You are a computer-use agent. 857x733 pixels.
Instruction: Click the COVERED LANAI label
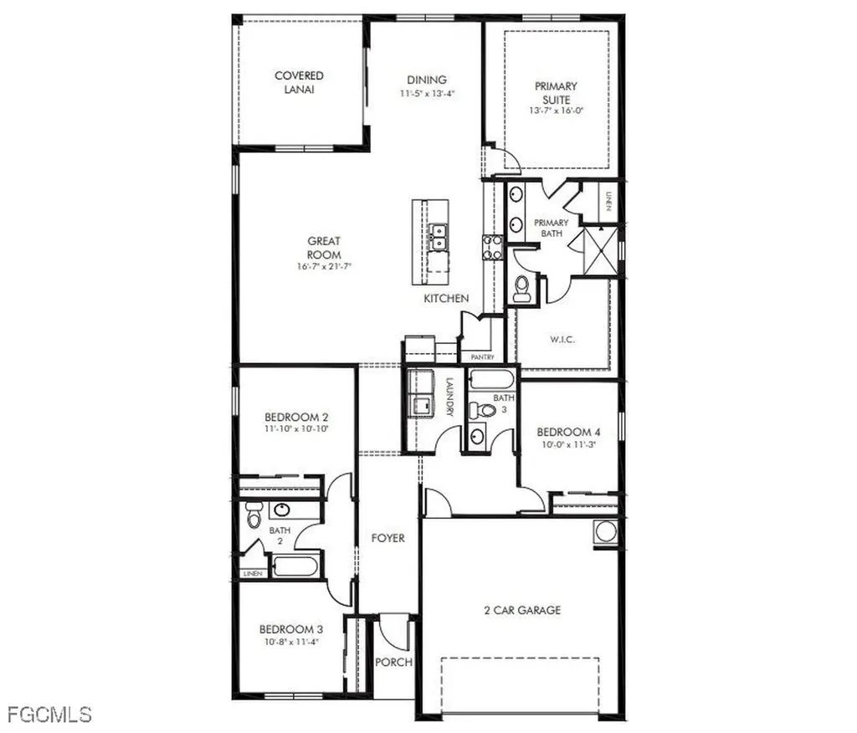tap(299, 82)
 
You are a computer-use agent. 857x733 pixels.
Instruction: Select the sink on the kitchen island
tap(437, 237)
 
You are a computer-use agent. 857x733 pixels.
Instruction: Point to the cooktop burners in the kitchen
tap(491, 247)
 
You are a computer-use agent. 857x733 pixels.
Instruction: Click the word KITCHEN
tap(446, 299)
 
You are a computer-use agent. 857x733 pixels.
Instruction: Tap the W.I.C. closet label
tap(562, 340)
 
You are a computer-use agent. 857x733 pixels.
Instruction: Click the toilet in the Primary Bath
tap(522, 287)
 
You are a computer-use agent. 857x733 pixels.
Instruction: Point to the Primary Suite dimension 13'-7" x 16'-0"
tap(555, 110)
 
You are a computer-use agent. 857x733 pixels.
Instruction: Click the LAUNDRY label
tap(450, 397)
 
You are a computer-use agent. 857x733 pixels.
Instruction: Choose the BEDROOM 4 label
tap(569, 433)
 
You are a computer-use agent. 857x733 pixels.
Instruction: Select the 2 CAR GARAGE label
tap(522, 611)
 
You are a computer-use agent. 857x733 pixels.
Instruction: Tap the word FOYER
tap(387, 538)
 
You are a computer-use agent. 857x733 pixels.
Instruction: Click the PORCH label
tap(393, 663)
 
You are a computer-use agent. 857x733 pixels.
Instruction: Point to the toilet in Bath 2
tap(254, 518)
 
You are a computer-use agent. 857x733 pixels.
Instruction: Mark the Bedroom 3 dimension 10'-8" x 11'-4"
tap(290, 643)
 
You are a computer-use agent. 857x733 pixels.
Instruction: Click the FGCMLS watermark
tap(49, 714)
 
